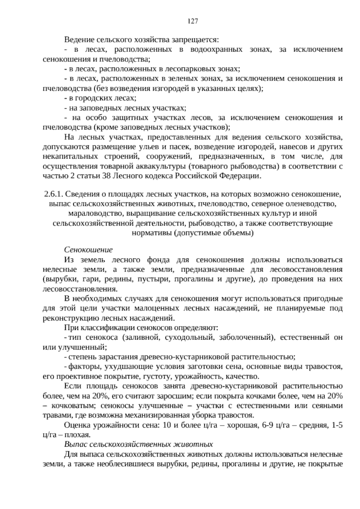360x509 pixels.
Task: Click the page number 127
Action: (192, 21)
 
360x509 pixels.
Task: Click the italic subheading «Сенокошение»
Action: (88, 250)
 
